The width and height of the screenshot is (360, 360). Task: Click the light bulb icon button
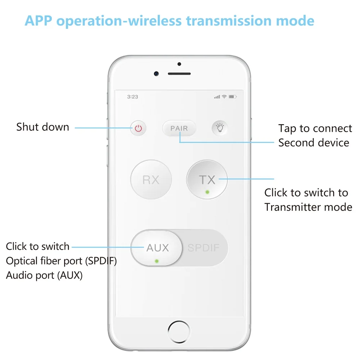coord(219,128)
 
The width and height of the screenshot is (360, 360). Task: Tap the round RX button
coord(151,180)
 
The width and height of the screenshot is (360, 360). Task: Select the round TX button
coord(207,180)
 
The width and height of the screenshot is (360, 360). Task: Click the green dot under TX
coord(207,192)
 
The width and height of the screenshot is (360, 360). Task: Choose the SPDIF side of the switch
coord(203,248)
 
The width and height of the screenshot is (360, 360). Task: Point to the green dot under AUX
coord(156,260)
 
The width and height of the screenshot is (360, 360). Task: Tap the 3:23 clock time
coord(132,97)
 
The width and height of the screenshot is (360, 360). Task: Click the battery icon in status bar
coord(232,97)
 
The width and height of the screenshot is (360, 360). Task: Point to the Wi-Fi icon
coord(224,97)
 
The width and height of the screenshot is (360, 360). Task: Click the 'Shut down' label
coord(42,127)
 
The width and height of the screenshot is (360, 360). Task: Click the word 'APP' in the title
coord(40,21)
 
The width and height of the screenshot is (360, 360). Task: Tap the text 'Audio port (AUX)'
coord(44,275)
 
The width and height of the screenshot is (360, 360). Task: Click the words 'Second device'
coord(314,143)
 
